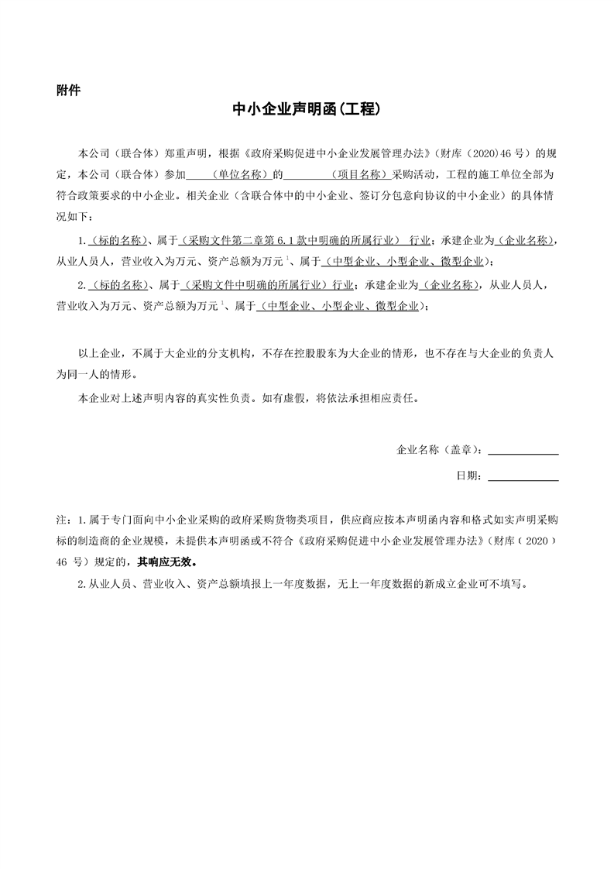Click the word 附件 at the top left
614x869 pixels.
click(68, 90)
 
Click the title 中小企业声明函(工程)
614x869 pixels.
click(306, 110)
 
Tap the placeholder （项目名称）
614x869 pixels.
click(359, 176)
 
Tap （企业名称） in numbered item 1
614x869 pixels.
click(526, 240)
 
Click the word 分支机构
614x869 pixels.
click(230, 352)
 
